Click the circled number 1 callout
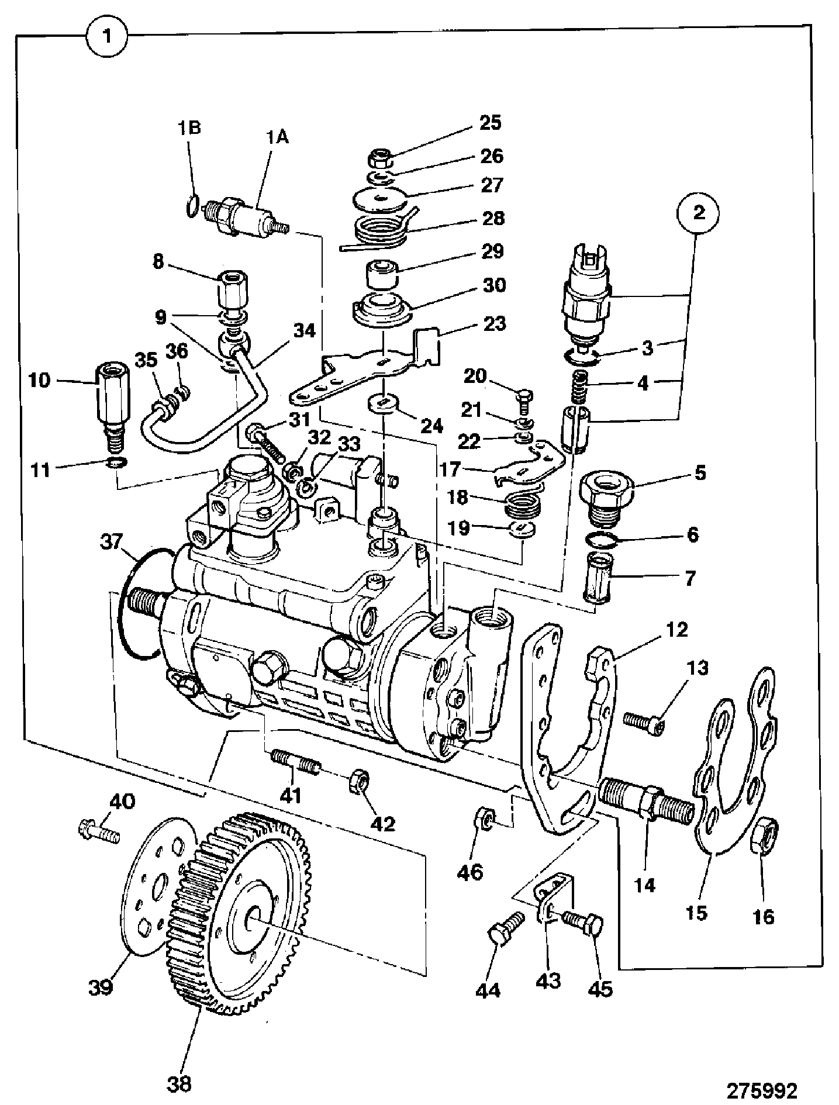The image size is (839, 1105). (107, 36)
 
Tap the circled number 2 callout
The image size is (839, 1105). (699, 212)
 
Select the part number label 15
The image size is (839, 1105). (698, 912)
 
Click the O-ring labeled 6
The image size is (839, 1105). (601, 541)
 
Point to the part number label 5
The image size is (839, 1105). (700, 472)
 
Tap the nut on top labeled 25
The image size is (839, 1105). (380, 158)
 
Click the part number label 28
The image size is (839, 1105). (492, 218)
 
